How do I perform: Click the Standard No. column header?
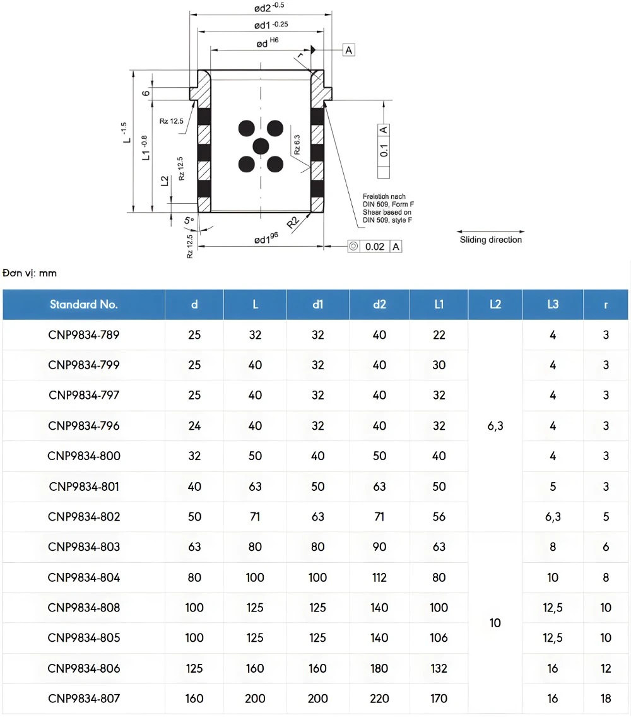(x=83, y=304)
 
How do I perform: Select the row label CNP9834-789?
(x=83, y=334)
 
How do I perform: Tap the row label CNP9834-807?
(x=83, y=699)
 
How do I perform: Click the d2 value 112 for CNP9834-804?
(x=379, y=577)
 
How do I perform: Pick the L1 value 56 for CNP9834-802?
(x=439, y=517)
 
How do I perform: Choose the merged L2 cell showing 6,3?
(x=495, y=426)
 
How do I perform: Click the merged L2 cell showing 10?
(x=495, y=623)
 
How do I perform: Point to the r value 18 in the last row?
(x=606, y=699)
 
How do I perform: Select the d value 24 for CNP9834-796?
(x=194, y=426)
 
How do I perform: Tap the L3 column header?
(x=553, y=304)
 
